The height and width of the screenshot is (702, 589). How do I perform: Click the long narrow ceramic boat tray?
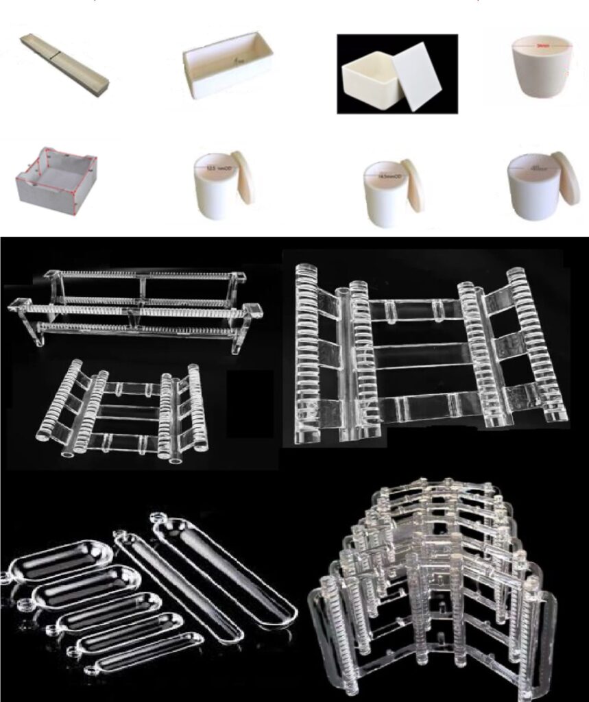point(64,62)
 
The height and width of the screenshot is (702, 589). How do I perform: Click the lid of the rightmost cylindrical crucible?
point(566,178)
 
